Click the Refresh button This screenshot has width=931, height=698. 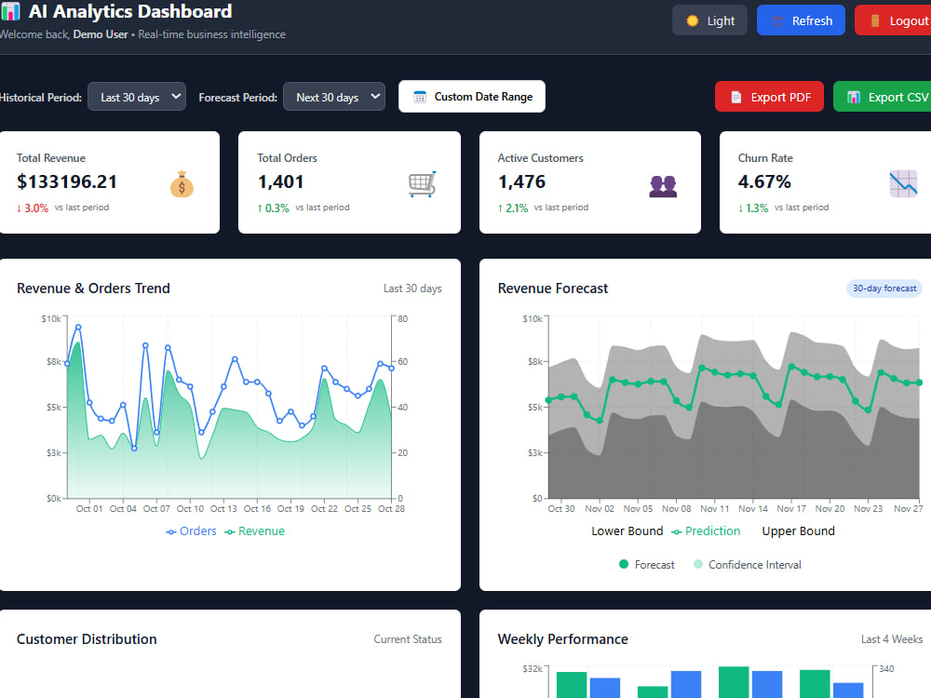click(x=801, y=20)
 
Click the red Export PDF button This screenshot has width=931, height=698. click(x=769, y=97)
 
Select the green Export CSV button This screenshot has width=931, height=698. click(x=883, y=97)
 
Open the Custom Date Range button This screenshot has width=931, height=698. click(x=472, y=97)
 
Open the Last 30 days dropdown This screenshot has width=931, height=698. click(x=137, y=97)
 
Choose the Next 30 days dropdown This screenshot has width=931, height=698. click(x=334, y=97)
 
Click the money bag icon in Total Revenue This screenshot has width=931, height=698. click(x=182, y=184)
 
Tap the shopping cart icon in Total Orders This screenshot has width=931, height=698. click(x=422, y=184)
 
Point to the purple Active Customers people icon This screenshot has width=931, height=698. click(x=663, y=186)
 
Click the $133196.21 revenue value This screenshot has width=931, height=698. click(x=67, y=181)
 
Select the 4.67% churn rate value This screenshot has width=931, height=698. click(x=764, y=181)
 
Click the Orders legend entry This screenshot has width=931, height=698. click(x=191, y=531)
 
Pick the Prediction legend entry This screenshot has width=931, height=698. click(x=706, y=531)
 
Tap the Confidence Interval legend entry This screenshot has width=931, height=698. click(x=748, y=565)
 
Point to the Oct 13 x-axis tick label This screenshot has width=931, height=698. click(x=223, y=509)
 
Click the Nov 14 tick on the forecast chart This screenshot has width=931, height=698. click(x=753, y=509)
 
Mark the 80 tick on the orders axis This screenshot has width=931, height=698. click(x=402, y=318)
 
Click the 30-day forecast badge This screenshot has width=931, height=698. click(x=884, y=289)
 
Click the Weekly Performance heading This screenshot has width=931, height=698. click(x=563, y=639)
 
